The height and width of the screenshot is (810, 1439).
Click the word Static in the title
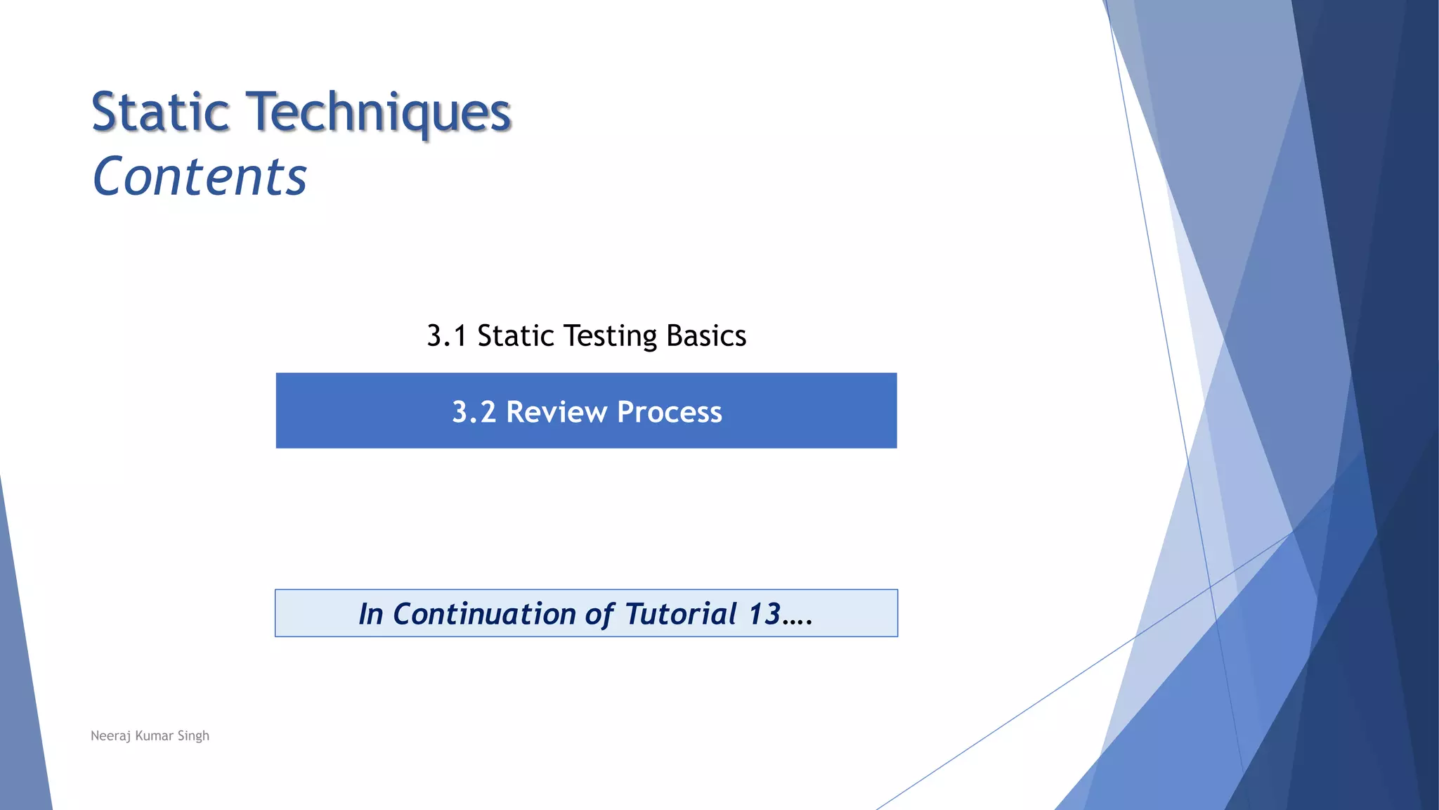click(x=161, y=112)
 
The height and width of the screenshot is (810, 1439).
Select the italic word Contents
click(x=200, y=176)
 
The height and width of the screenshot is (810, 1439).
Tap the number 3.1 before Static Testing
click(x=447, y=336)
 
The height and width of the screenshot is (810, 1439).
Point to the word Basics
click(x=705, y=336)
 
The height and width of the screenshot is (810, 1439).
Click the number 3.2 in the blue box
click(x=474, y=412)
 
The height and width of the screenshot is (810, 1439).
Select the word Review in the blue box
click(x=556, y=412)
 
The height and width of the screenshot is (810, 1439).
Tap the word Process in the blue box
click(x=669, y=412)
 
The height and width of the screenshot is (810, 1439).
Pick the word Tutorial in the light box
click(x=680, y=614)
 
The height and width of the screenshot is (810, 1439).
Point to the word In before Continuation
click(x=371, y=614)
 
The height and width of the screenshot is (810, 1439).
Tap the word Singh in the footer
click(x=193, y=735)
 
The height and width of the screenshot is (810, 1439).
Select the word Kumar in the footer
click(x=154, y=735)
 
